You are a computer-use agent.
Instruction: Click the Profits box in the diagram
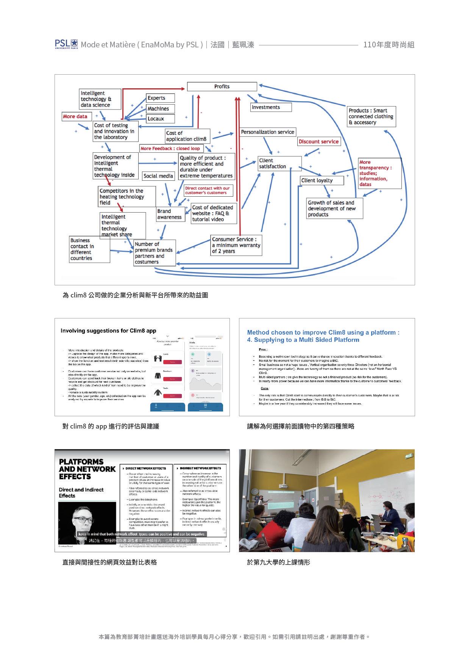point(222,86)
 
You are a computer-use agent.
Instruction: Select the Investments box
point(271,107)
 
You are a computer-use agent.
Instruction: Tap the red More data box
point(75,116)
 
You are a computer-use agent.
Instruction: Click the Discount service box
point(319,142)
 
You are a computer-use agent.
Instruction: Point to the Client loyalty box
point(322,180)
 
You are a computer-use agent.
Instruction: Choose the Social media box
point(158,176)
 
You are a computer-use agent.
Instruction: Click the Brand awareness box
point(170,214)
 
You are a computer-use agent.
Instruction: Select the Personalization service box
point(267,132)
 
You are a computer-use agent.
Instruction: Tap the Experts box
point(161,98)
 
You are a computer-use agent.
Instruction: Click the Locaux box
point(161,119)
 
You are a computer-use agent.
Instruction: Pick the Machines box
point(161,109)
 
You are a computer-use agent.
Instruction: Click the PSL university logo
point(66,44)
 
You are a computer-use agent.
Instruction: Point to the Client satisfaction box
point(280,163)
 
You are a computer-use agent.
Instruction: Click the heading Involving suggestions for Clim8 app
point(108,331)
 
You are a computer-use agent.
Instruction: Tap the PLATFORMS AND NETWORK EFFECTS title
point(87,469)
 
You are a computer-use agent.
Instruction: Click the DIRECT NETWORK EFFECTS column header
point(145,468)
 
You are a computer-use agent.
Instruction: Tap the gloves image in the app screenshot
point(158,358)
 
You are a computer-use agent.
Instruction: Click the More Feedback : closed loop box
point(171,149)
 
